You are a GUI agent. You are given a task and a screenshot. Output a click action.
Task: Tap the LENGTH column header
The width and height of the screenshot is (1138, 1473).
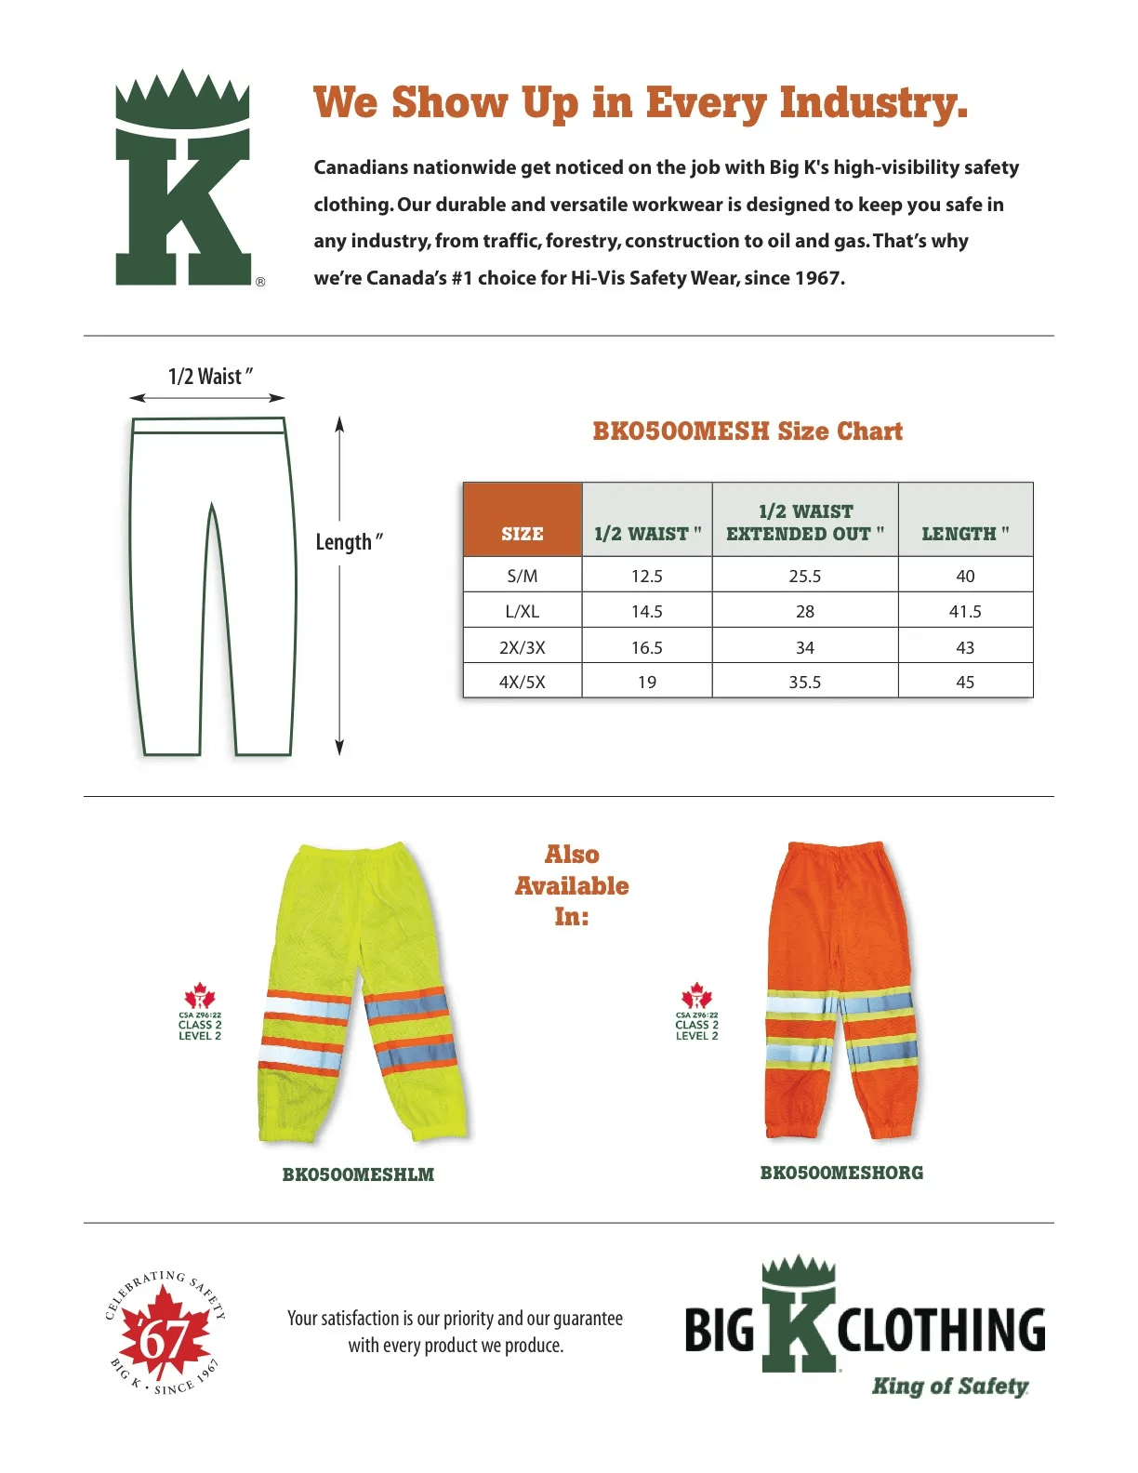965,533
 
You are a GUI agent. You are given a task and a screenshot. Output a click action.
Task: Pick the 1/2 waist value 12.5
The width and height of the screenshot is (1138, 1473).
646,576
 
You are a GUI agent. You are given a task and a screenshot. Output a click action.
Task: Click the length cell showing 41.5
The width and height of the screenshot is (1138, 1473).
965,611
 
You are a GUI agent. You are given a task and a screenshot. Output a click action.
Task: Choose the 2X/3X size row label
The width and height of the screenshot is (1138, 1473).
523,647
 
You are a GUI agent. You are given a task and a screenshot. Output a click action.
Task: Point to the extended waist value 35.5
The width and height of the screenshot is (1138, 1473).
804,682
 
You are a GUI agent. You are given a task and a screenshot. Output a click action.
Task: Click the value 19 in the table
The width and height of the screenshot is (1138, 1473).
646,682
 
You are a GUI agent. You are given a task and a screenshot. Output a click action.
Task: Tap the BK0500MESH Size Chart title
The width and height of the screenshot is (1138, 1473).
748,431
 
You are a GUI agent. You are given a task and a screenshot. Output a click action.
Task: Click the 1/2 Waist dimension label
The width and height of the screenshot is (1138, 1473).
210,377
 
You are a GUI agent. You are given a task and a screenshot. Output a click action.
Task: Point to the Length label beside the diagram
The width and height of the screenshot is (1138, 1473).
349,542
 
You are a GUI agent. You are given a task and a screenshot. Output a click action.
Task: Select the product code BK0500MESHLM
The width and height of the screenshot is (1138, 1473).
358,1174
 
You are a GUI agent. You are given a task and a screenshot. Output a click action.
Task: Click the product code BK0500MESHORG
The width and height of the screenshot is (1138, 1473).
841,1173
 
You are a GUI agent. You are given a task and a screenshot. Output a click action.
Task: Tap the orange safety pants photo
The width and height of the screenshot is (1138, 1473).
840,990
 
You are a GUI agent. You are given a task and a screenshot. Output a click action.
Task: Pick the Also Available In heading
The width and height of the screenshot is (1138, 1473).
572,885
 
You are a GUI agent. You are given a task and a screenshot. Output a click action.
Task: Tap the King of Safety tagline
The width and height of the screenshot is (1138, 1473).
949,1387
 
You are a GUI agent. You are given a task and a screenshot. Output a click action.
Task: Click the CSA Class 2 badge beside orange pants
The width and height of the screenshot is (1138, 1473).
696,1013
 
